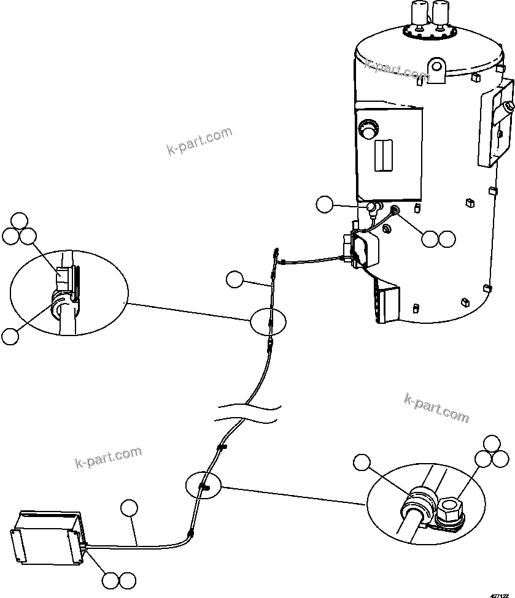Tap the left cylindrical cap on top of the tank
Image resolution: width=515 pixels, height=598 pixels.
coord(419,12)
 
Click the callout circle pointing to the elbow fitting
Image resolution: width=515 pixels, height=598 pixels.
coord(326,204)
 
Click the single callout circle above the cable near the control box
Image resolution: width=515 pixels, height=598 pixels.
coord(129,508)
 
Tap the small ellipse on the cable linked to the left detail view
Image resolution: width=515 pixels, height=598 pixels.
coord(268,321)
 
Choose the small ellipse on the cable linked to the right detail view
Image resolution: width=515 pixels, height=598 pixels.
coord(203,486)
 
